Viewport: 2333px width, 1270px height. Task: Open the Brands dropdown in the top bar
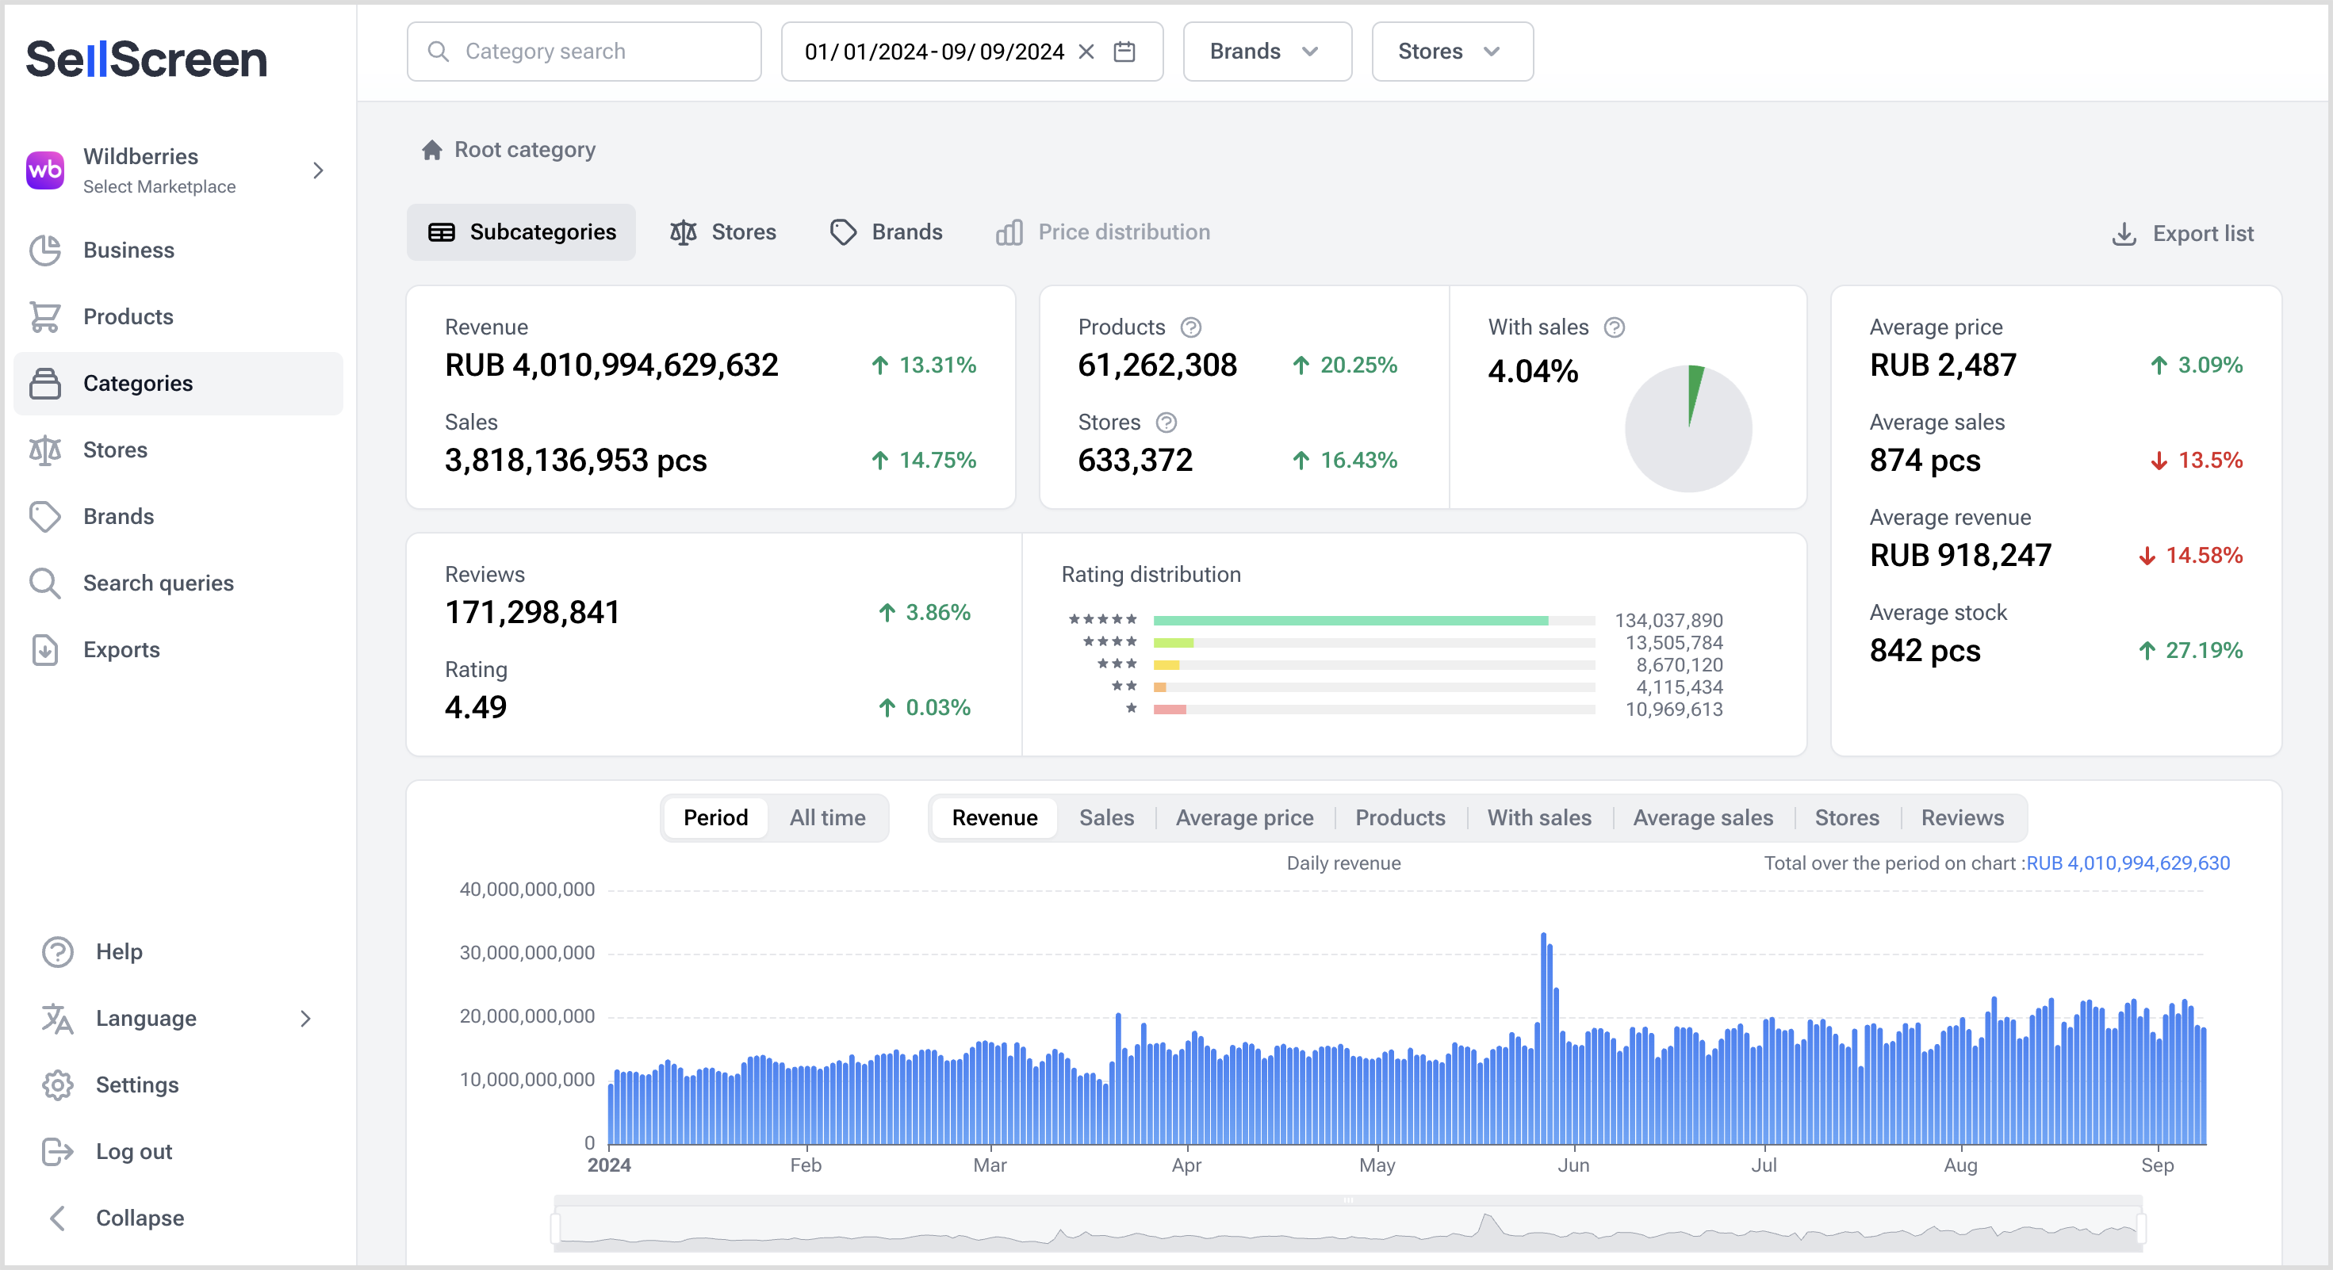pyautogui.click(x=1266, y=52)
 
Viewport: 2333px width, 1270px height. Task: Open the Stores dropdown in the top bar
pyautogui.click(x=1451, y=52)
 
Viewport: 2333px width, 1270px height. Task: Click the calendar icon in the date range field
pyautogui.click(x=1124, y=52)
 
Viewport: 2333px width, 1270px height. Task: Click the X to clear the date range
pyautogui.click(x=1086, y=52)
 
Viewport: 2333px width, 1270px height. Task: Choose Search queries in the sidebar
pyautogui.click(x=159, y=583)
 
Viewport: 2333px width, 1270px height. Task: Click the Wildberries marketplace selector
pyautogui.click(x=177, y=170)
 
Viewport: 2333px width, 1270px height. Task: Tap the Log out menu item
pyautogui.click(x=133, y=1151)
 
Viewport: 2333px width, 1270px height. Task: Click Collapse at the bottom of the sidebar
pyautogui.click(x=140, y=1218)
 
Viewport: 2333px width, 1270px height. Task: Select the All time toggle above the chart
pyautogui.click(x=827, y=817)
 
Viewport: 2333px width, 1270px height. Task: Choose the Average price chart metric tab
pyautogui.click(x=1243, y=817)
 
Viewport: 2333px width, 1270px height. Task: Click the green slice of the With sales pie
pyautogui.click(x=1694, y=389)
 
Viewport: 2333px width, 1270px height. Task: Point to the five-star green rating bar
pyautogui.click(x=1350, y=621)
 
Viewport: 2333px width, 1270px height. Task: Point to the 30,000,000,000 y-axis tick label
pyautogui.click(x=527, y=952)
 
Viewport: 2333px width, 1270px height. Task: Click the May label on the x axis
pyautogui.click(x=1377, y=1166)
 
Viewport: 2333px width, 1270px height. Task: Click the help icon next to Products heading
pyautogui.click(x=1191, y=327)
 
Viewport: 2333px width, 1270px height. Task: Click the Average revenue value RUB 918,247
pyautogui.click(x=1959, y=555)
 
